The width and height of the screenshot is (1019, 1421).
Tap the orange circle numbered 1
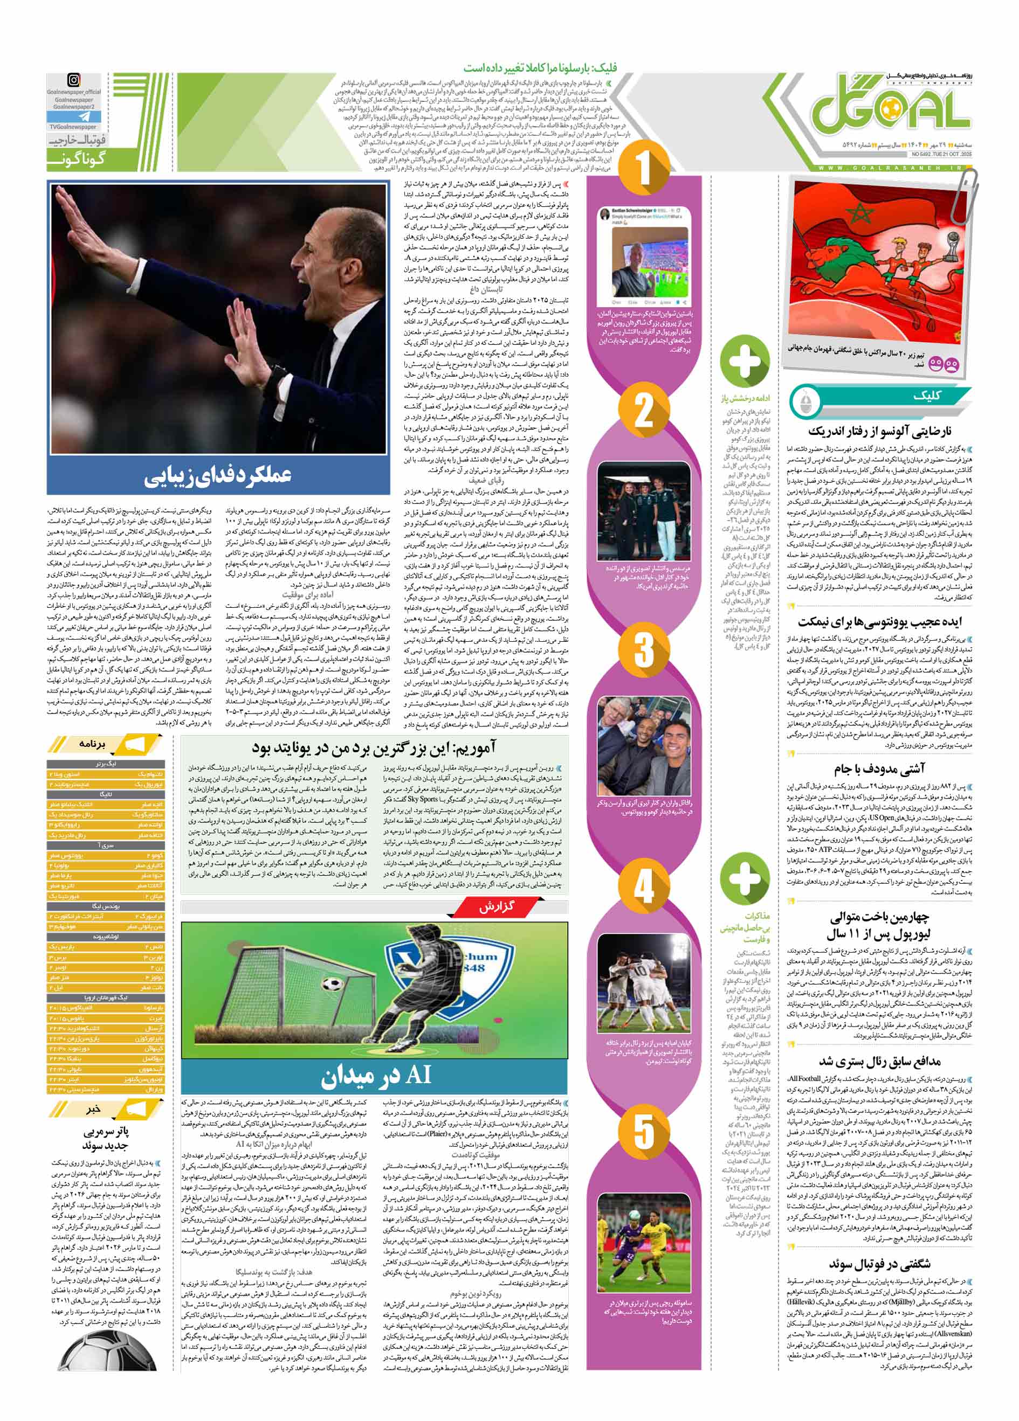(x=644, y=169)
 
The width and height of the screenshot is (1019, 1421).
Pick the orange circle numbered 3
(x=644, y=649)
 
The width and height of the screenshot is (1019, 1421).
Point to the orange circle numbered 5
(x=644, y=1132)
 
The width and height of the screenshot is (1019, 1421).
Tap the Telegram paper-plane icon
(x=73, y=116)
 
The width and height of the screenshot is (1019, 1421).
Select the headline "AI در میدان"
(x=375, y=1074)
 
